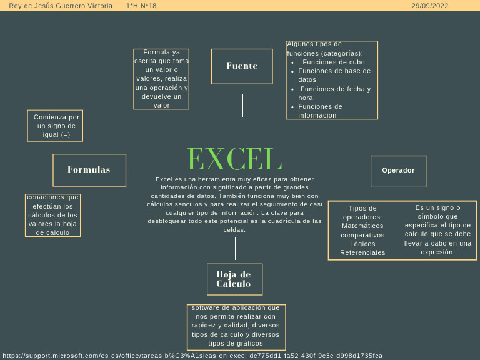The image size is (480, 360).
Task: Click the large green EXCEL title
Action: tap(234, 159)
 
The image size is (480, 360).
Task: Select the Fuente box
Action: tap(242, 66)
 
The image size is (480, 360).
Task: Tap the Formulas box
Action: tap(89, 170)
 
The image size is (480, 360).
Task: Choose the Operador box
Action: tap(398, 171)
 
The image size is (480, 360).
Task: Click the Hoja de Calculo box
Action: tap(234, 279)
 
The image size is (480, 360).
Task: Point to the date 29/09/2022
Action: tap(429, 6)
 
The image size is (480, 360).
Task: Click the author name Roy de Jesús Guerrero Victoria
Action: tap(61, 6)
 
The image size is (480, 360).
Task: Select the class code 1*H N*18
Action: tap(141, 6)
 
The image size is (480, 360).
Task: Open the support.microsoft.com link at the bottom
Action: tap(192, 356)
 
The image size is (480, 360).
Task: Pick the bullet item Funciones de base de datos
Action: tap(334, 75)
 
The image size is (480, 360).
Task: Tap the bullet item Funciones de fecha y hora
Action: tap(335, 93)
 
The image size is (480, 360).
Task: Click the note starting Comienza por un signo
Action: tap(56, 126)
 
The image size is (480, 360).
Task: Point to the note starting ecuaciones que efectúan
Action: tap(53, 215)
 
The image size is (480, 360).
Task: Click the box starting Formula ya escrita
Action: tap(161, 79)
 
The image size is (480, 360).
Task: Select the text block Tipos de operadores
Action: tap(362, 231)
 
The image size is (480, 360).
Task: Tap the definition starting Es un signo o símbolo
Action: tap(437, 230)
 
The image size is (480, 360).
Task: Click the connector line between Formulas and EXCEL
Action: tap(144, 171)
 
